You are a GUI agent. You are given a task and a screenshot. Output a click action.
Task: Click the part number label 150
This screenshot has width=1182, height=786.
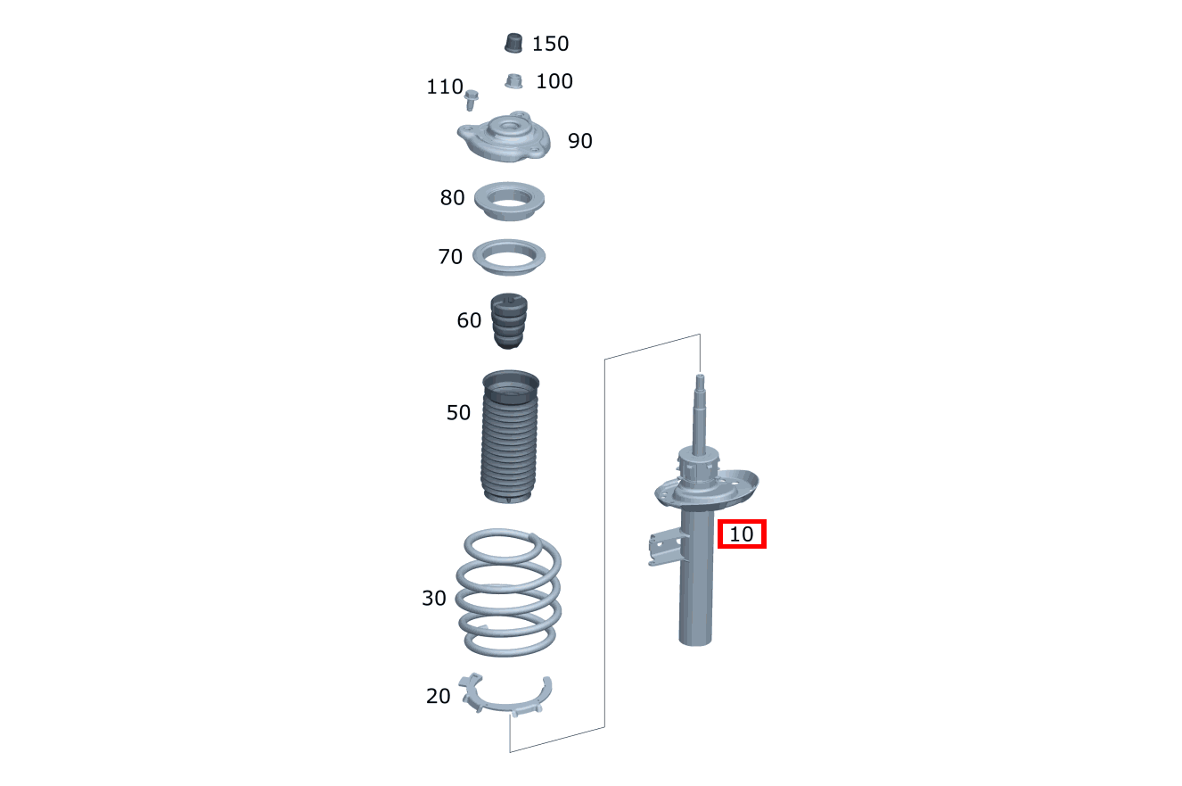[x=550, y=44]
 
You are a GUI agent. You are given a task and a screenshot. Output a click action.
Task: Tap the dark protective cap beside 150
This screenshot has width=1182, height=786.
[x=513, y=44]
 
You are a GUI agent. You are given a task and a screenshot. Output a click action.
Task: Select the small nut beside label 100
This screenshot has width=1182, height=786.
[x=513, y=81]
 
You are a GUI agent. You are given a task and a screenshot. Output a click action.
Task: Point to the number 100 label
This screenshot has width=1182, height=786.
[x=554, y=81]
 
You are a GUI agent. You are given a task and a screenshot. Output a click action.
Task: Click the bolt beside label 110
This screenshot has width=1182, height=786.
[x=471, y=100]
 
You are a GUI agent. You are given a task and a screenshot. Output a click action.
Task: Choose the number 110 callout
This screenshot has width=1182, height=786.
[x=444, y=87]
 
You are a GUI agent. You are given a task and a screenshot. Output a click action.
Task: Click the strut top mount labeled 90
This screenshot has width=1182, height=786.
[x=504, y=137]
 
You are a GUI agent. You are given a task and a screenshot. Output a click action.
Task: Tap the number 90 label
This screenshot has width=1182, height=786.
[x=580, y=141]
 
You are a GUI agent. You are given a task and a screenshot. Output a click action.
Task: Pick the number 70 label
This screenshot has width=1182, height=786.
[x=450, y=257]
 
